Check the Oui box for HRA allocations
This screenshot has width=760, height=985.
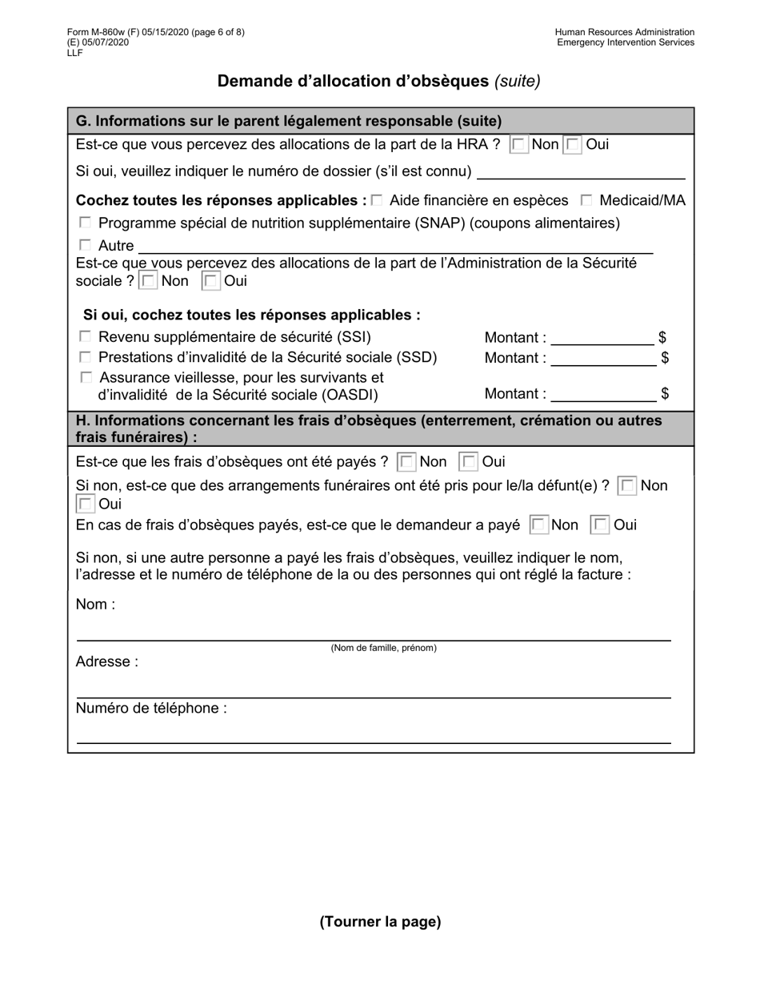click(573, 145)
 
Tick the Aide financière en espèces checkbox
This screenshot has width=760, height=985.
click(378, 199)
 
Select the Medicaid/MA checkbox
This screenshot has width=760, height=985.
click(587, 199)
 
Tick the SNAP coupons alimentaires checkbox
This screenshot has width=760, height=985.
click(86, 223)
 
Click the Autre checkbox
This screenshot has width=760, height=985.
click(86, 245)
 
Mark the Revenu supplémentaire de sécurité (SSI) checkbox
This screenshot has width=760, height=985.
click(86, 337)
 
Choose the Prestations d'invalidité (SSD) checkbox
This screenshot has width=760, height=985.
click(86, 357)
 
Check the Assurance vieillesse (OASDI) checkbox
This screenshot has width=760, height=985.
click(86, 377)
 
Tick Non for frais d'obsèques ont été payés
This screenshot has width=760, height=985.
click(406, 462)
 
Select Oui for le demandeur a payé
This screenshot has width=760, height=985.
click(599, 525)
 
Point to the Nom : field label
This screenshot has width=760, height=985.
click(95, 605)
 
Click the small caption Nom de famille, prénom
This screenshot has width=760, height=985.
click(384, 648)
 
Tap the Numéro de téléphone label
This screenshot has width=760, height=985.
click(151, 708)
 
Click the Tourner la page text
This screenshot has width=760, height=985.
click(380, 922)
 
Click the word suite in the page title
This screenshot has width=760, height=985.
click(517, 81)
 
